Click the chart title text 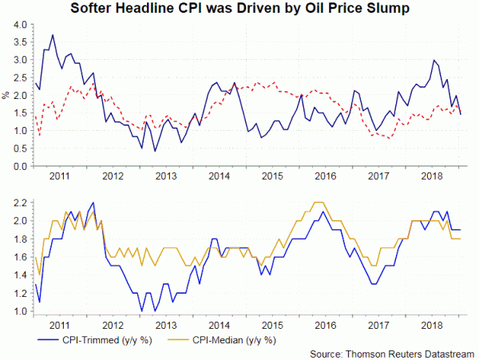pos(239,10)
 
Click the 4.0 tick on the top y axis pos(17,25)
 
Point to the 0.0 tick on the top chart pos(17,166)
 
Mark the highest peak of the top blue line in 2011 pos(53,35)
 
